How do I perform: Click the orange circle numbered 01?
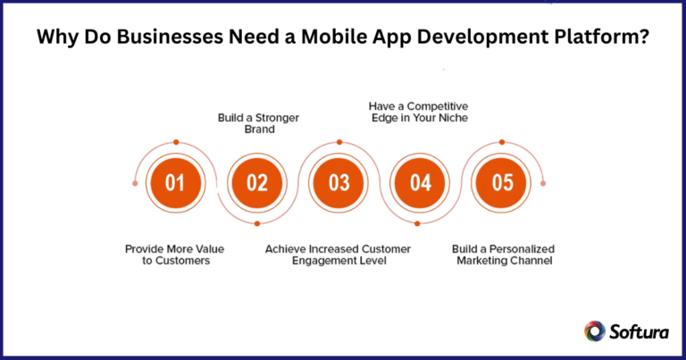[175, 182]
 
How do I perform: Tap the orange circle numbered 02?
[257, 182]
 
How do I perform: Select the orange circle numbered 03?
[339, 182]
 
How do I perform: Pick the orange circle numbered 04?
[421, 182]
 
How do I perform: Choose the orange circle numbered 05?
[502, 182]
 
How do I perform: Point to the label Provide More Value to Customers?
[174, 255]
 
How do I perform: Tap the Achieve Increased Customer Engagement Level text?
[339, 255]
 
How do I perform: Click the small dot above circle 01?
[176, 142]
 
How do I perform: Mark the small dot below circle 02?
[257, 223]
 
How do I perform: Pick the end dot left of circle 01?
[135, 183]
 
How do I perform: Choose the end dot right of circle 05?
[543, 183]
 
